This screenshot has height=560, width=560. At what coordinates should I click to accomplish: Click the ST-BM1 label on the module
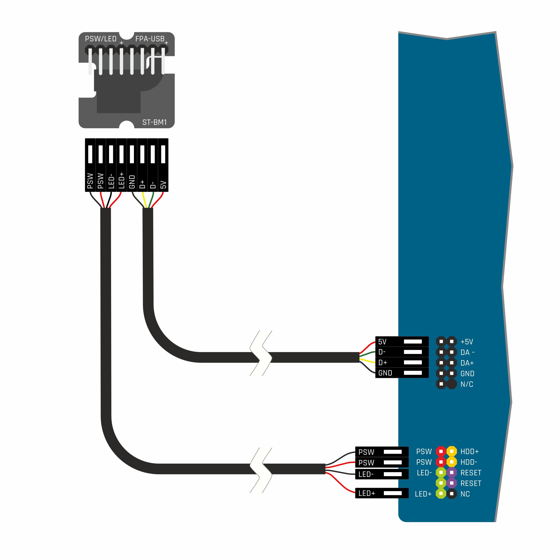(154, 122)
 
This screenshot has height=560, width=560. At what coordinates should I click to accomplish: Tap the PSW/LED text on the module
(100, 39)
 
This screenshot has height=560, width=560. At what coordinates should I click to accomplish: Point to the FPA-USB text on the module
(150, 39)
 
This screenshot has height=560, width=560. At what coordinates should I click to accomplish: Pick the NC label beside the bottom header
(465, 494)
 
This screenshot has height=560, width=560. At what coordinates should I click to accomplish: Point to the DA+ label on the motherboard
(467, 363)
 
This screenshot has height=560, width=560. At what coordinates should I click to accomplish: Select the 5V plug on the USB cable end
(402, 342)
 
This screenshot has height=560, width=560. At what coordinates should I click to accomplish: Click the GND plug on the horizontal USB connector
(402, 373)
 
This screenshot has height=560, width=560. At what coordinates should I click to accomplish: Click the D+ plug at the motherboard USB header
(402, 363)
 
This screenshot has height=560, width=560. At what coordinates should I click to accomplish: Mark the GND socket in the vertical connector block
(132, 165)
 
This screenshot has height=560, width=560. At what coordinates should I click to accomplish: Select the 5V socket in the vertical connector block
(163, 165)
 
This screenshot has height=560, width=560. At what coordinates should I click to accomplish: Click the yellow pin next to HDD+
(452, 451)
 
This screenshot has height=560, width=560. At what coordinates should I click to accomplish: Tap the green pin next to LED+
(441, 494)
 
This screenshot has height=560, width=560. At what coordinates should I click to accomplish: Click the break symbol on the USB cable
(261, 353)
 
